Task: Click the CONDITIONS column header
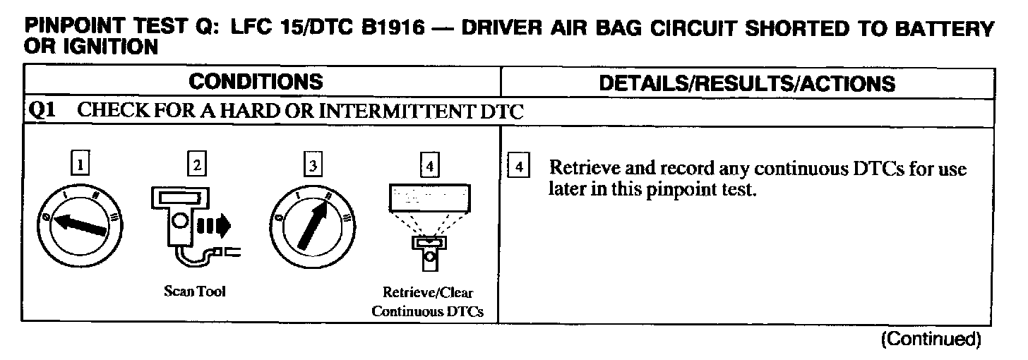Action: tap(256, 82)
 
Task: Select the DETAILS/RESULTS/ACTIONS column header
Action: tap(747, 83)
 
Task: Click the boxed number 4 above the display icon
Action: tap(429, 165)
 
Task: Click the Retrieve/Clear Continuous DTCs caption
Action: tap(429, 302)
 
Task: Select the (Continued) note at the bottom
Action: tap(931, 340)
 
